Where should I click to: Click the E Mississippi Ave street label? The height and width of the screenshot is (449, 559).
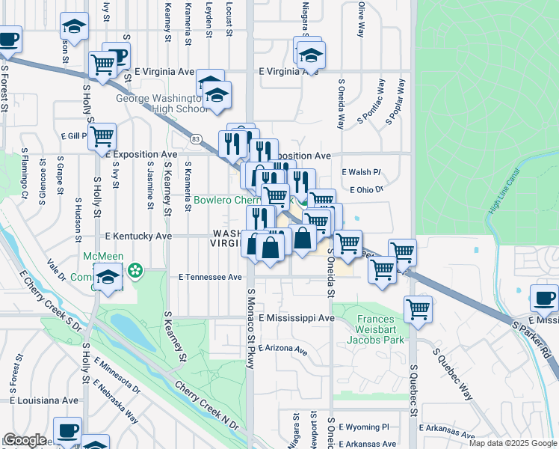click(296, 318)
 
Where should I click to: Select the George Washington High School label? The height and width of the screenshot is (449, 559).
click(161, 103)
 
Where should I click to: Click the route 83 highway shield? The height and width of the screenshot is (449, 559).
click(196, 139)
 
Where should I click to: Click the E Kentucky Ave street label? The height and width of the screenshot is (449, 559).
click(139, 236)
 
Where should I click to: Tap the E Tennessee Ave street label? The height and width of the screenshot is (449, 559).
click(211, 277)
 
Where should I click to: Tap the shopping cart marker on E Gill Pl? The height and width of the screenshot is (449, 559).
click(102, 137)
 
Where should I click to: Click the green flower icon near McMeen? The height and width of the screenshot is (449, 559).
click(136, 269)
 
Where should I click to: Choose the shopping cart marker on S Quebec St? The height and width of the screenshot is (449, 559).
click(418, 308)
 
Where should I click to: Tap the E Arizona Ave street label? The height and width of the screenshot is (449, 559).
click(283, 350)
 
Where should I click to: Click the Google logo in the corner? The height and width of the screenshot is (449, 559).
click(25, 440)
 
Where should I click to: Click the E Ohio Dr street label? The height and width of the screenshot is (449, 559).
click(365, 190)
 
